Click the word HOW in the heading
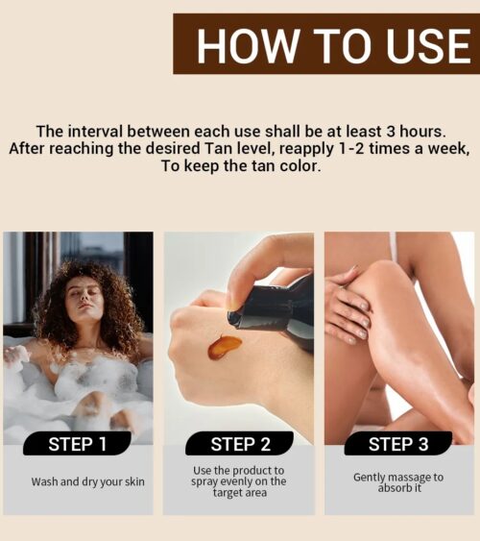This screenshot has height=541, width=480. click(248, 45)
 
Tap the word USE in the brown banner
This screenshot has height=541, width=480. click(427, 45)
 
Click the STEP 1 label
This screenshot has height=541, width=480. click(77, 444)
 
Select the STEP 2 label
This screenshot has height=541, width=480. click(240, 444)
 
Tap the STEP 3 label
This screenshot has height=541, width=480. click(398, 444)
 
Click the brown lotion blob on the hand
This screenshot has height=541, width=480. click(224, 346)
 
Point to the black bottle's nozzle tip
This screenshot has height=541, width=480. click(233, 317)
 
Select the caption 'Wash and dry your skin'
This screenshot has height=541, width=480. click(88, 481)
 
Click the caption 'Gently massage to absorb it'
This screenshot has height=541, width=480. click(398, 482)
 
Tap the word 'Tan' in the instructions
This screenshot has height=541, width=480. click(216, 149)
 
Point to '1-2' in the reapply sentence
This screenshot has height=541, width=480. click(351, 149)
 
